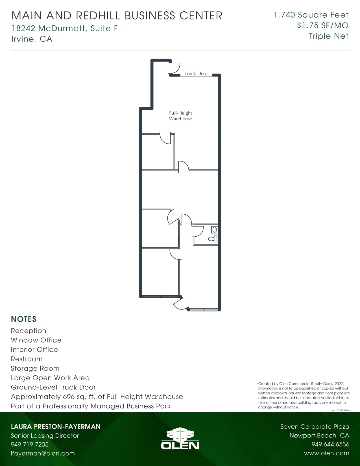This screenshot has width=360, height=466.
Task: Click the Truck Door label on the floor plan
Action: (196, 73)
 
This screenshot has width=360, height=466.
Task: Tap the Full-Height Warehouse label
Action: (180, 116)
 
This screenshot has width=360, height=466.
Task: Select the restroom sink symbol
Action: (215, 229)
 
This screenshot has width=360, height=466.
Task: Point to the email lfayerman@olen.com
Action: (43, 453)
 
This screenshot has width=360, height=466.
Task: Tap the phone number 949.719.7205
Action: (30, 444)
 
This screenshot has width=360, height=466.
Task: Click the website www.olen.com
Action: (326, 453)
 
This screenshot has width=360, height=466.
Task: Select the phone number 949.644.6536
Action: (330, 444)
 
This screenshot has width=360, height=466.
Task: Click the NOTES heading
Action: (24, 319)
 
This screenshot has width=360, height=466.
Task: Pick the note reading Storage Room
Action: (35, 368)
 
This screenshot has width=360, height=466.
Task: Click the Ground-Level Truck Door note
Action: (53, 387)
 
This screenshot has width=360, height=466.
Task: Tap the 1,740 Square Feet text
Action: (311, 15)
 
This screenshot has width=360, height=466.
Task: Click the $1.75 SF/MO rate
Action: (323, 25)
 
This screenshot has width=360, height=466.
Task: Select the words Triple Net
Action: (329, 36)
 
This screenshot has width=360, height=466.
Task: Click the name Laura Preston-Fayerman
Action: (56, 426)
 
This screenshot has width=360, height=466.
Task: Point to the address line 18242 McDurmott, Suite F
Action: (65, 28)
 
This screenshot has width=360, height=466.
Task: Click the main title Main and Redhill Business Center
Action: (117, 16)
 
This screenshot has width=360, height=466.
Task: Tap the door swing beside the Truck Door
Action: (175, 69)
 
